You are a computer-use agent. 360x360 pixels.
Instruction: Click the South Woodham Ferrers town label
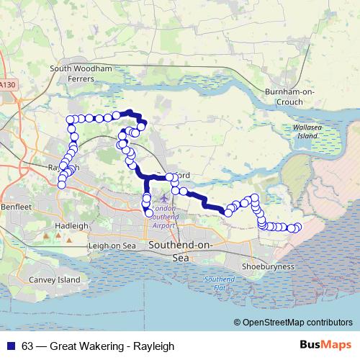81,73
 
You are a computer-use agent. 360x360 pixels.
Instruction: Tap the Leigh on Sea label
112,246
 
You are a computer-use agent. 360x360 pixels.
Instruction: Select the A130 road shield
7,85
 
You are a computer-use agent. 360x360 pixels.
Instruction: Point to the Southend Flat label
215,283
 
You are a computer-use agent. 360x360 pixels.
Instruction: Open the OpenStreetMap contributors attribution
297,323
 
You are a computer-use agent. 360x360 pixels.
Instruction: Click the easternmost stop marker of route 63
297,228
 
